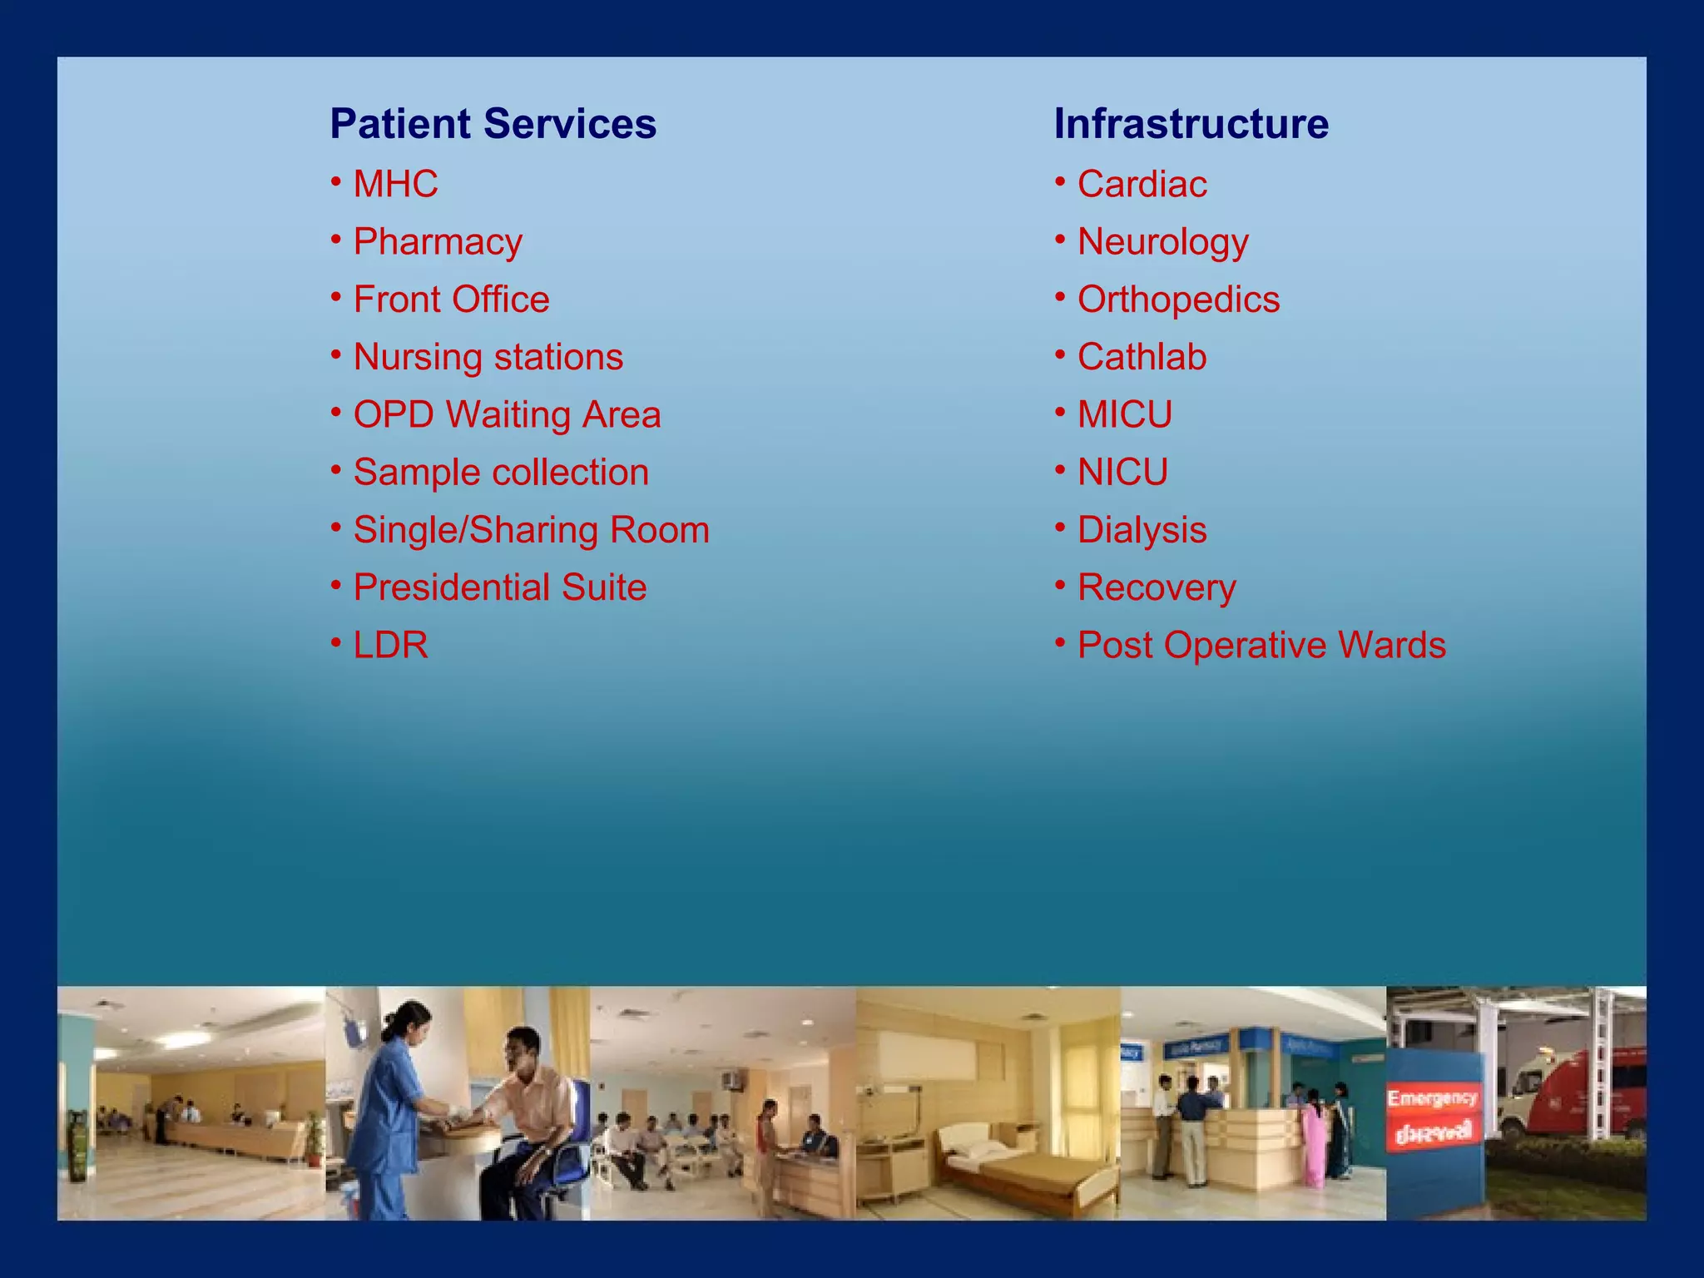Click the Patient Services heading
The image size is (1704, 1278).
[493, 124]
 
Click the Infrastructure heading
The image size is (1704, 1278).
[1191, 124]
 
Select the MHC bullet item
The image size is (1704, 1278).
[395, 184]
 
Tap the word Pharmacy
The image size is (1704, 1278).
[438, 242]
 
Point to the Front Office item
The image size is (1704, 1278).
[451, 300]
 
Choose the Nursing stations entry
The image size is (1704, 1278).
[488, 357]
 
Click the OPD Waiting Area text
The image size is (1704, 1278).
[507, 414]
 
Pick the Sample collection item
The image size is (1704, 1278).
[501, 473]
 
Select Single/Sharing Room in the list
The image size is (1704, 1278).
[531, 530]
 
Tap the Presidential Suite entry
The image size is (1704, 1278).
[500, 587]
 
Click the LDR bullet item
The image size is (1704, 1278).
[390, 645]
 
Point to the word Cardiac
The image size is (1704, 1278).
[1142, 184]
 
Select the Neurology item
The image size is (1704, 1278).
[1162, 242]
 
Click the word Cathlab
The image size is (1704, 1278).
[1142, 357]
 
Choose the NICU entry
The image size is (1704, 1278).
[1122, 473]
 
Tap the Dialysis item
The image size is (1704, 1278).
[1142, 530]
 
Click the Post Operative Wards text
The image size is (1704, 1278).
[1261, 645]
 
